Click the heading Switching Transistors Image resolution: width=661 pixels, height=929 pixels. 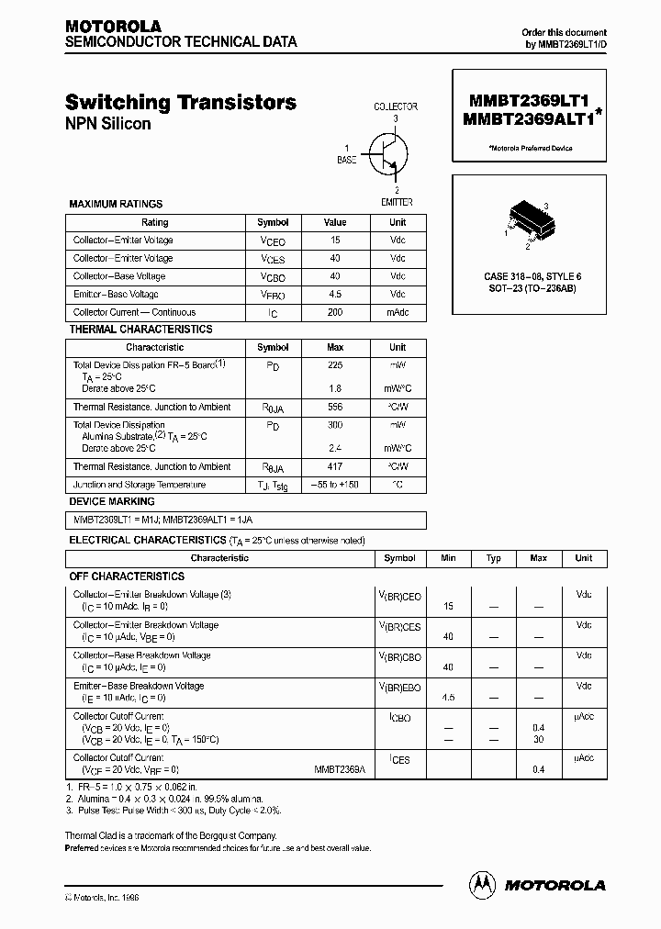point(181,103)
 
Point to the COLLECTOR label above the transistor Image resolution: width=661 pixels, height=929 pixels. point(396,106)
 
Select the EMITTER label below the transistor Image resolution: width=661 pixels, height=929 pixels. point(397,202)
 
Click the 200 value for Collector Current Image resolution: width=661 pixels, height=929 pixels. point(335,312)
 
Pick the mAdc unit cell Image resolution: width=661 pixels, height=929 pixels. point(398,312)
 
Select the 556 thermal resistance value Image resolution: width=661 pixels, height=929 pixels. point(335,407)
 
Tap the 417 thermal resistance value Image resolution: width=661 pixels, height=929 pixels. point(335,466)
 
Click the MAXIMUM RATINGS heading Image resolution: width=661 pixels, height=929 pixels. point(116,204)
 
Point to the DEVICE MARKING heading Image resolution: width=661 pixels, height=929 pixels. point(112,501)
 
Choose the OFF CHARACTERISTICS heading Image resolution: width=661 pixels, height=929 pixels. point(127,576)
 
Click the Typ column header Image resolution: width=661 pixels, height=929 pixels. point(494,557)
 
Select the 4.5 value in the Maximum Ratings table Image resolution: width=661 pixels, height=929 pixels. point(335,295)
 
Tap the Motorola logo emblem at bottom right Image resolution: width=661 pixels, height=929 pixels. point(481,885)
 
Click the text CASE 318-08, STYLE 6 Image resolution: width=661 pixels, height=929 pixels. point(532,276)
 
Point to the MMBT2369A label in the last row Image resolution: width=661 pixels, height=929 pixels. point(340,769)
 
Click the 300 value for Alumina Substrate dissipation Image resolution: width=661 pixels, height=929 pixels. point(335,425)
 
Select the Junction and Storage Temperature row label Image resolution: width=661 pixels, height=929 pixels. point(140,484)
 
